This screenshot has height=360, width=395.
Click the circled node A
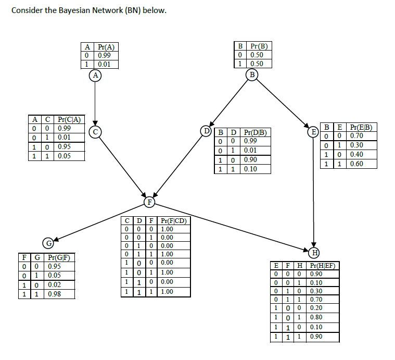click(x=95, y=75)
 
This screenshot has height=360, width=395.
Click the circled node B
click(x=253, y=75)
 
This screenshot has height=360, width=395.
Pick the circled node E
click(x=313, y=131)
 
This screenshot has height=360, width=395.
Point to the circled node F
click(x=150, y=201)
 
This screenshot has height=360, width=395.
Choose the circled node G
click(x=49, y=243)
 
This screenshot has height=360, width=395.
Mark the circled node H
click(x=314, y=254)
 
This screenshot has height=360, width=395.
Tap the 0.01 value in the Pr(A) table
click(x=104, y=65)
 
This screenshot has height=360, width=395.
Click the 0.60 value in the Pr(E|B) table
click(x=356, y=164)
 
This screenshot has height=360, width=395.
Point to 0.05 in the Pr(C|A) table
click(x=65, y=156)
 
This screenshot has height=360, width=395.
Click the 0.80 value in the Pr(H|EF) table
click(x=315, y=317)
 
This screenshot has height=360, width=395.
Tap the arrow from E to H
click(x=314, y=193)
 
